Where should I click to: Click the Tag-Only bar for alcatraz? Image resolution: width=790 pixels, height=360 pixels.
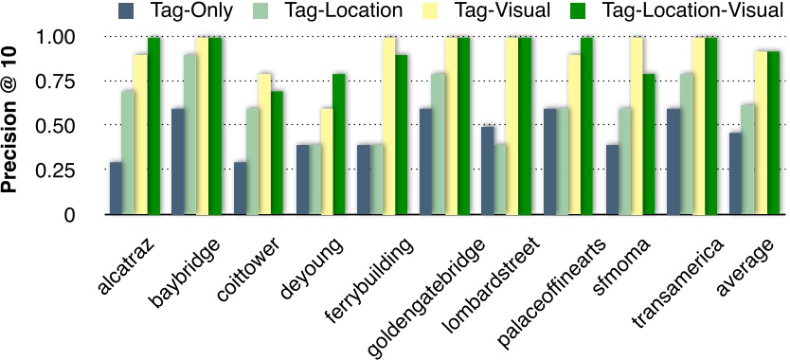tap(116, 189)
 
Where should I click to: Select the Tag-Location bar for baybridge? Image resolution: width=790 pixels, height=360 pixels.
tap(190, 135)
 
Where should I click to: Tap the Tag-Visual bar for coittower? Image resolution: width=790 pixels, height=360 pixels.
tap(265, 144)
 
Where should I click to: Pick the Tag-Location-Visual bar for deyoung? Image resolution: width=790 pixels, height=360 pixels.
tap(339, 144)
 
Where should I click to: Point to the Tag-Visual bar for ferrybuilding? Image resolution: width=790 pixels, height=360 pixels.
tap(389, 126)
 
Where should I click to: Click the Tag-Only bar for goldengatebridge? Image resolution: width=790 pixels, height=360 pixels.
tap(426, 161)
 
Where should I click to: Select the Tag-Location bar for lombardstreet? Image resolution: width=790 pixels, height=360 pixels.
tap(500, 179)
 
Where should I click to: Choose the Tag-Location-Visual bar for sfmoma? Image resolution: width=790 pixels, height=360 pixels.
tap(649, 144)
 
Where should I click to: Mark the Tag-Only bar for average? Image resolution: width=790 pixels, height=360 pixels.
tap(736, 173)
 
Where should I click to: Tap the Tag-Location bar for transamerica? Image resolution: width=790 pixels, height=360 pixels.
tap(686, 144)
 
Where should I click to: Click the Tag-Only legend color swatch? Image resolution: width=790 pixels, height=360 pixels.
tap(125, 11)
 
